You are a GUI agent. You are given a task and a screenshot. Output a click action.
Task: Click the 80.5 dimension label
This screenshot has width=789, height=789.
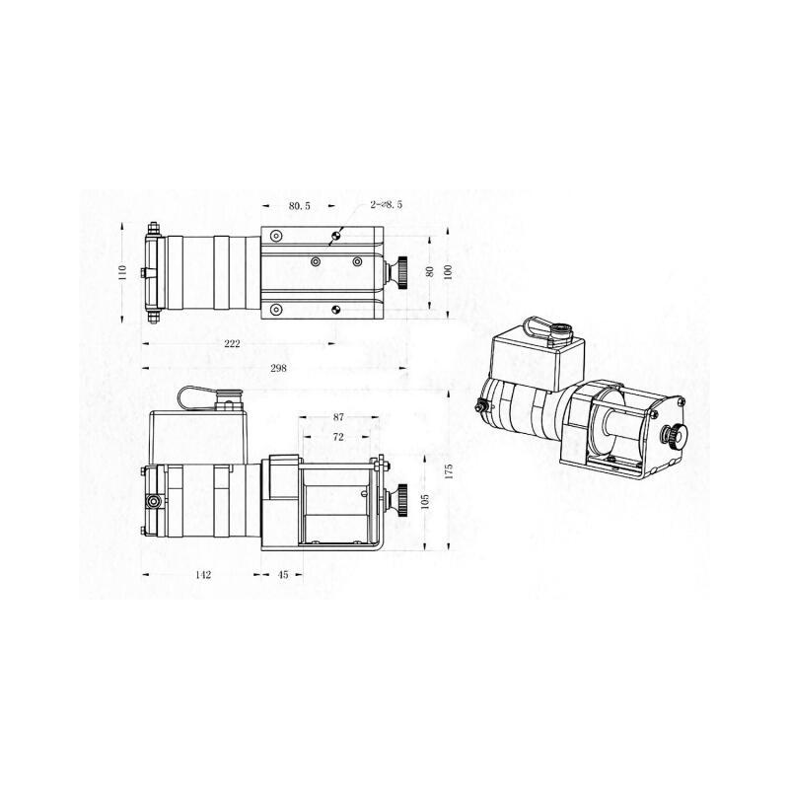point(300,206)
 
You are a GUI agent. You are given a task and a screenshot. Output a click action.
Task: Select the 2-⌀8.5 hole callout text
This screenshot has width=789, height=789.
point(386,204)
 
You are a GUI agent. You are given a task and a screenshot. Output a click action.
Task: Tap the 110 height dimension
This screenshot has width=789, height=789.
point(122,270)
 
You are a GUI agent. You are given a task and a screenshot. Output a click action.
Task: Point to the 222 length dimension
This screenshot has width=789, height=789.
point(233,343)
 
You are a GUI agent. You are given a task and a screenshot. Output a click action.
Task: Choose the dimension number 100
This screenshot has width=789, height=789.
point(448,272)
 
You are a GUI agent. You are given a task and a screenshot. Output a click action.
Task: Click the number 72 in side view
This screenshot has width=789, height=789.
point(338,436)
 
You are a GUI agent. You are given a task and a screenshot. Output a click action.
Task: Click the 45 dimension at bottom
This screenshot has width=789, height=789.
point(283,573)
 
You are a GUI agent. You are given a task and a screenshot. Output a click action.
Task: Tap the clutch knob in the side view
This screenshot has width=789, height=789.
point(403,500)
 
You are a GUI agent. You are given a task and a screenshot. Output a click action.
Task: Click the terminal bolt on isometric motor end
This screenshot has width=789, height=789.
point(480,406)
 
